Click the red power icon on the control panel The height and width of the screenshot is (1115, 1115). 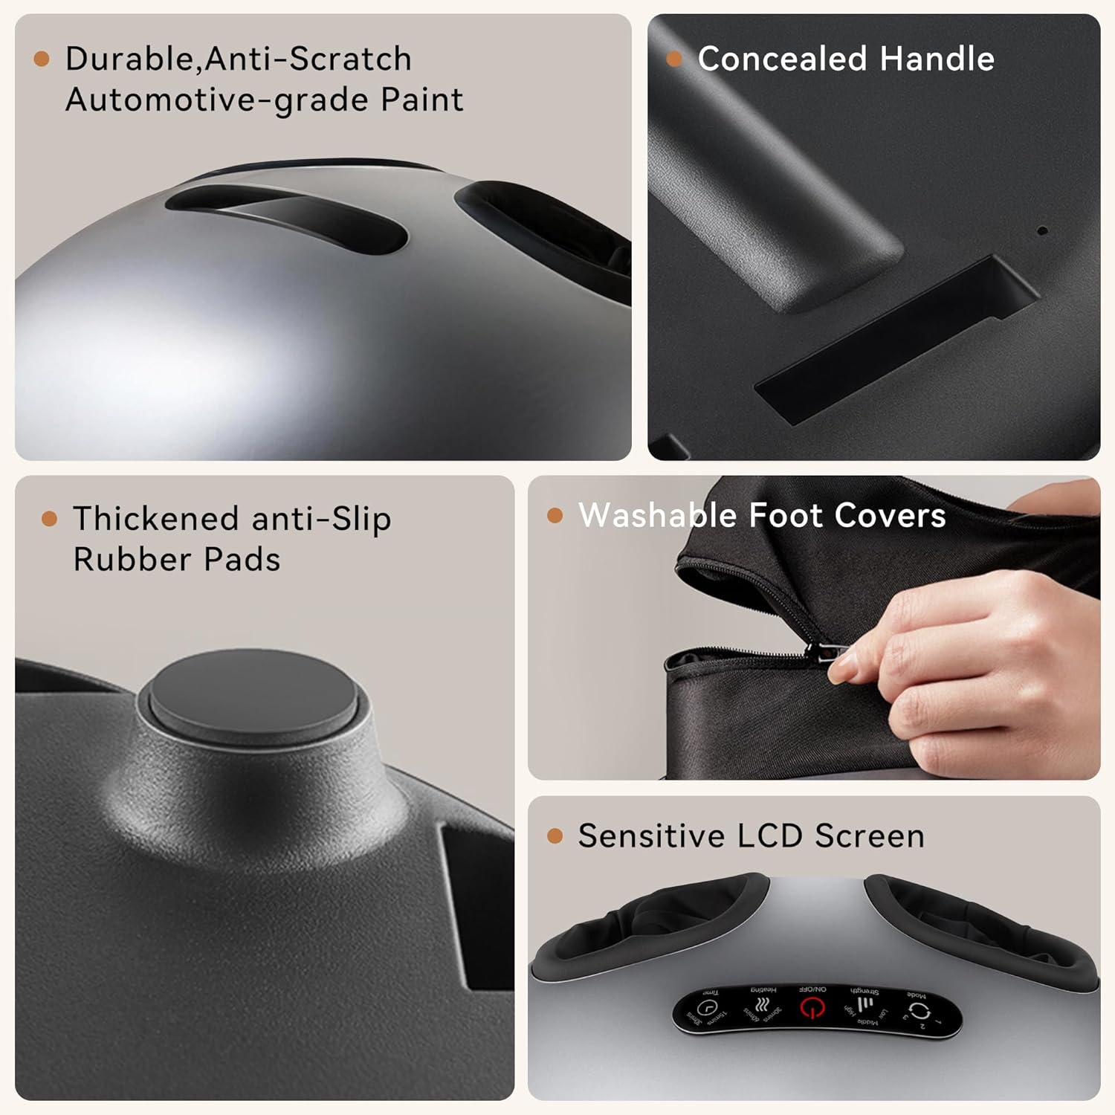click(x=812, y=1009)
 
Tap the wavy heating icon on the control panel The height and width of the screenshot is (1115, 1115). click(x=760, y=1006)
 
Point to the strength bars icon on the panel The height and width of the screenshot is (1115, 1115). click(x=864, y=1006)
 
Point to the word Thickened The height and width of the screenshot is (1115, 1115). click(x=155, y=519)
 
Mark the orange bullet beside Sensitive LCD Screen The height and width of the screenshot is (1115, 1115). click(x=555, y=836)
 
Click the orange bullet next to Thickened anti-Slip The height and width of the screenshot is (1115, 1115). click(x=50, y=519)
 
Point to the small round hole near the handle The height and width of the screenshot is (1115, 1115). click(x=1042, y=230)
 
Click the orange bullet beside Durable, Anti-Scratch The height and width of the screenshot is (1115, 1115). click(x=42, y=59)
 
